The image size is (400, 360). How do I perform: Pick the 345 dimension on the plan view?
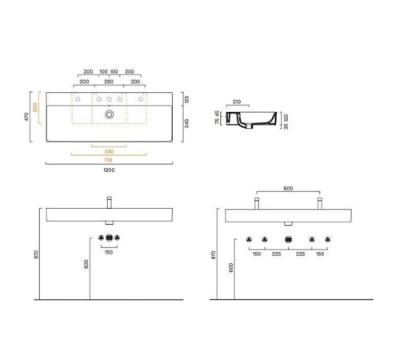tap(186, 123)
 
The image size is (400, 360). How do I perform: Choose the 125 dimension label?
tap(186, 98)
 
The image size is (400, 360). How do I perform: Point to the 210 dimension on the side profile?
tap(236, 102)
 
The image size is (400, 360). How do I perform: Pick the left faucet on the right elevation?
tap(255, 202)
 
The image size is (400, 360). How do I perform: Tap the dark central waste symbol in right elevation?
tap(286, 240)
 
